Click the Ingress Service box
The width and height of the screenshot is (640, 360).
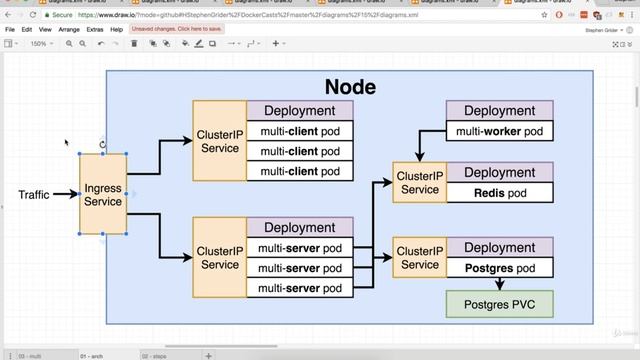(x=103, y=194)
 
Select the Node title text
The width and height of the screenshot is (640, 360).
(x=349, y=87)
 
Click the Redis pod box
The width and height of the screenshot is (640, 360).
(x=499, y=192)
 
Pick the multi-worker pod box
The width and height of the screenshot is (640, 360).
(x=499, y=131)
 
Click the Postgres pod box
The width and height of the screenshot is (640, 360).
(x=499, y=268)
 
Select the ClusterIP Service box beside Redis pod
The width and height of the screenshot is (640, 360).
(x=419, y=182)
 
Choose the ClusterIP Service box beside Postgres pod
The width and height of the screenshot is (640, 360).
(x=419, y=258)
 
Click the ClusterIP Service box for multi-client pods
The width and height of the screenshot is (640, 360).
(x=220, y=141)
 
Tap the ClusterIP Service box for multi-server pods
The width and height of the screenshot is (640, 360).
(x=220, y=258)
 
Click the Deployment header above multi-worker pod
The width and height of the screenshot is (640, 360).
(x=499, y=111)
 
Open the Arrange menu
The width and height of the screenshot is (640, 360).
(x=69, y=30)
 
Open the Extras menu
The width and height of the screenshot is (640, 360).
(x=95, y=30)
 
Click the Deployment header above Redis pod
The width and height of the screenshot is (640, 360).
(x=499, y=173)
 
